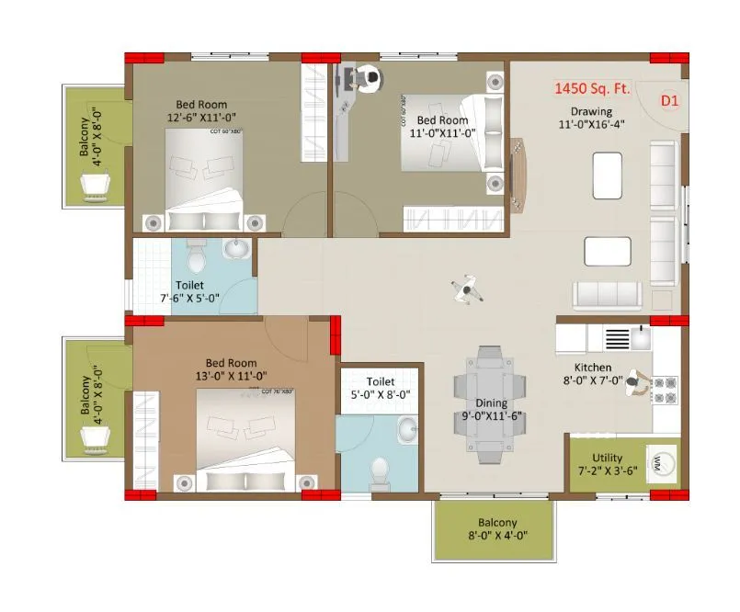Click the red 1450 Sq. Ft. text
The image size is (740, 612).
tap(590, 90)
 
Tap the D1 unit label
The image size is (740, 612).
tap(669, 101)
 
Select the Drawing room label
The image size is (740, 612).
tap(589, 111)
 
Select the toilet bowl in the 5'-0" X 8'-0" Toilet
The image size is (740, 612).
tap(379, 473)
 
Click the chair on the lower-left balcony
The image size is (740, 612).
tap(95, 441)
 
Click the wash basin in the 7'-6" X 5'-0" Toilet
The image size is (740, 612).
tap(236, 250)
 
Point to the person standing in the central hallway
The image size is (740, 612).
tap(468, 290)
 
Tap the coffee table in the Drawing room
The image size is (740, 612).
tap(607, 170)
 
